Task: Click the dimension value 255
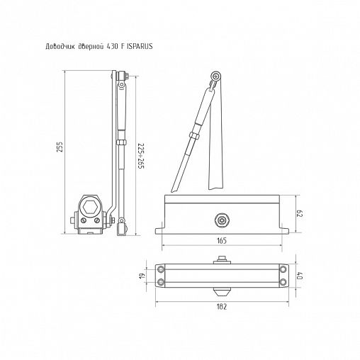click(60, 147)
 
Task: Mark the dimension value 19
click(142, 276)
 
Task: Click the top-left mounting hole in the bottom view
click(162, 269)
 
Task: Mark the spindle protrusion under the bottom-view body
click(222, 290)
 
